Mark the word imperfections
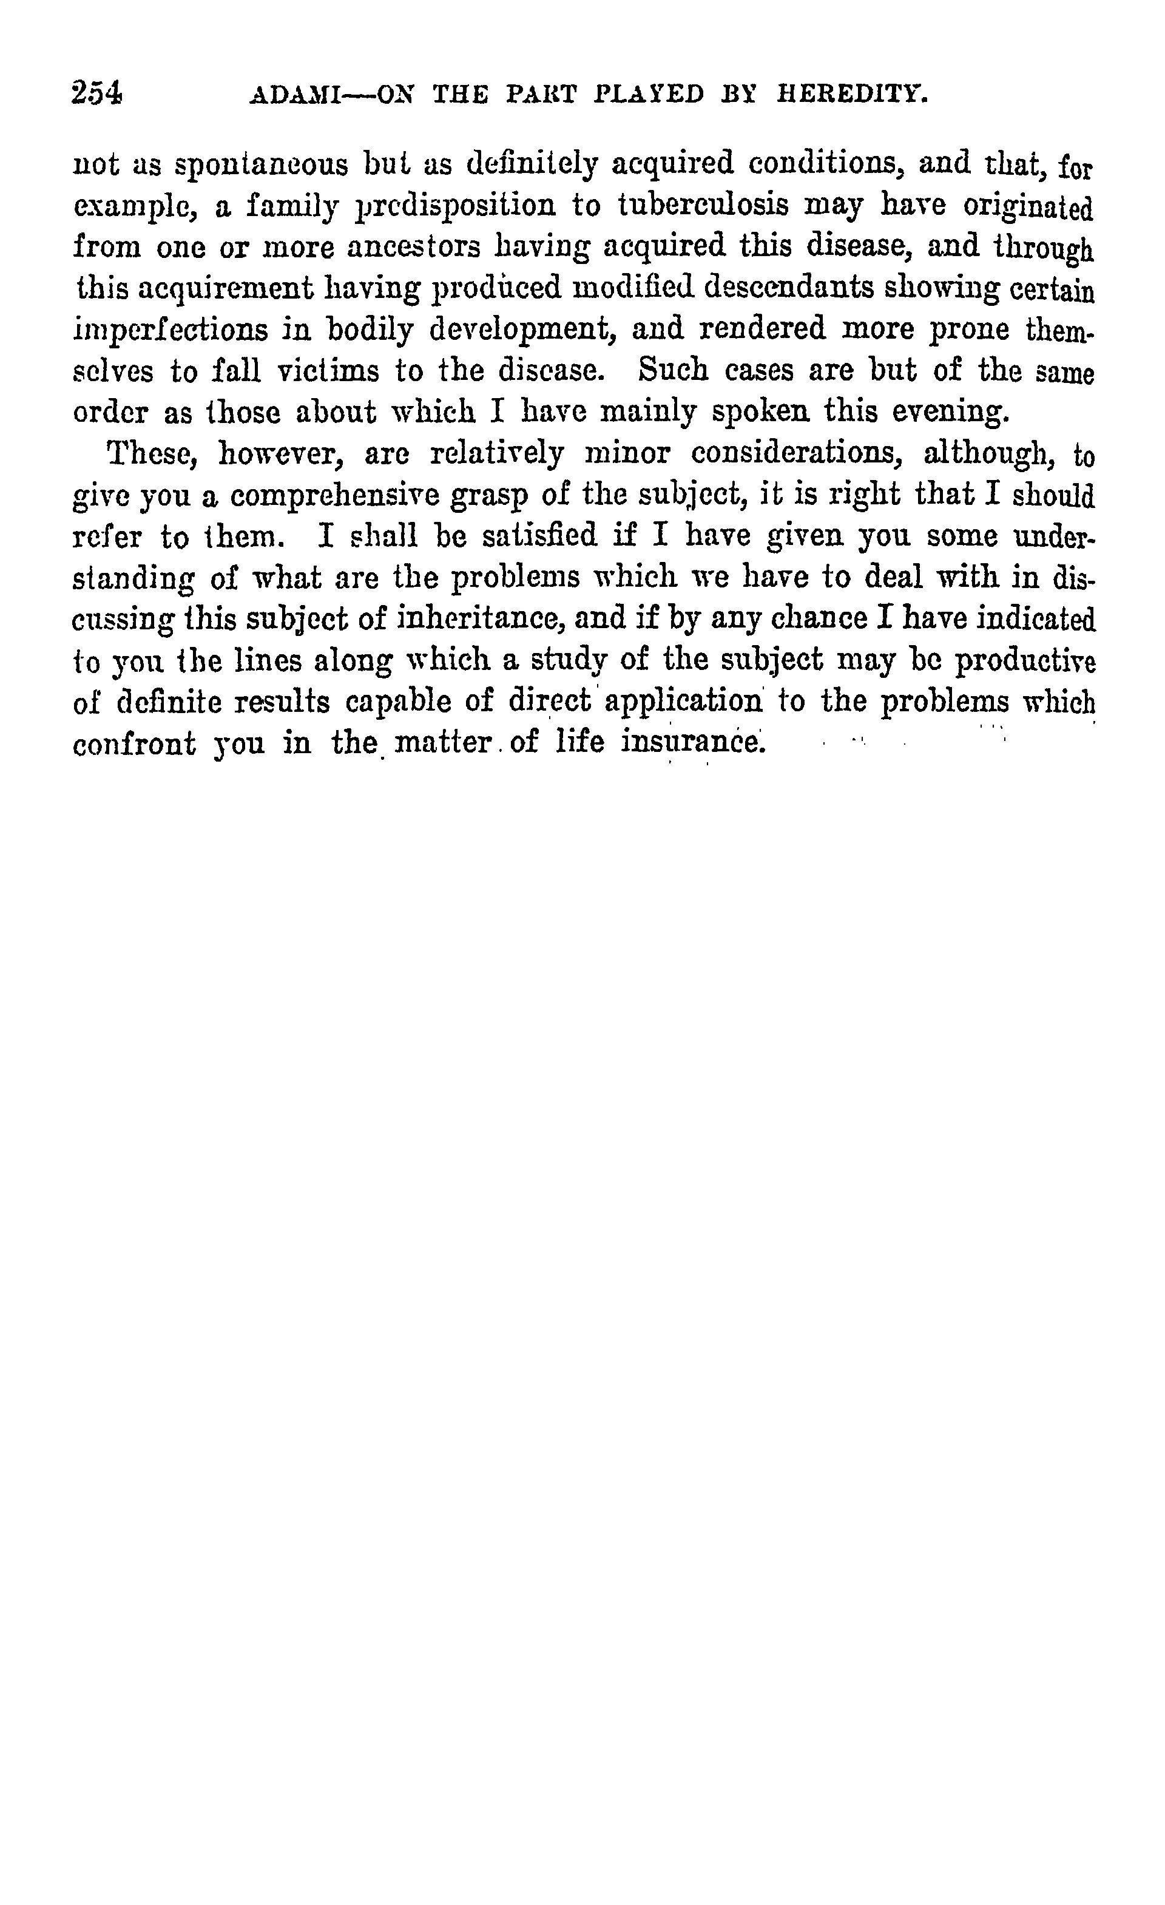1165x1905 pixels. click(x=171, y=330)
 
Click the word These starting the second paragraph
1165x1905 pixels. click(x=150, y=453)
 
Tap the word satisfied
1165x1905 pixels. click(x=539, y=536)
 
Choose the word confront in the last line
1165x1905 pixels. click(x=135, y=744)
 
